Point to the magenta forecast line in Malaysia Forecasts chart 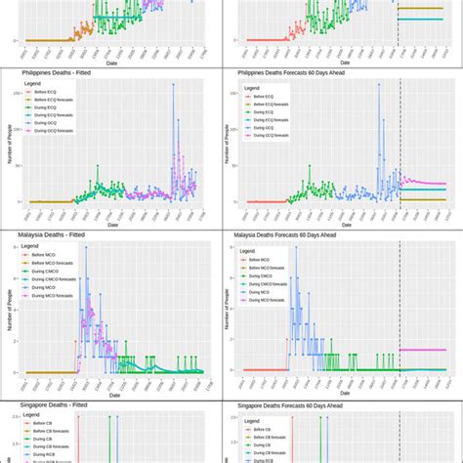(425, 350)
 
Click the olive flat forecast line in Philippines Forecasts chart (425, 200)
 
